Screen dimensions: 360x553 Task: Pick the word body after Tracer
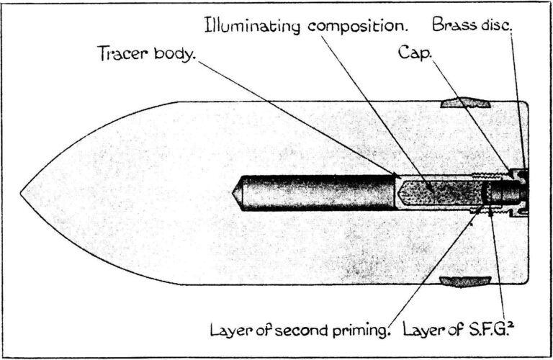[x=171, y=54]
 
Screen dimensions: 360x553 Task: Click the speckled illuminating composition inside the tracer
[x=432, y=192]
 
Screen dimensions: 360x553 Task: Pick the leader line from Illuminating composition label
[x=374, y=108]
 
